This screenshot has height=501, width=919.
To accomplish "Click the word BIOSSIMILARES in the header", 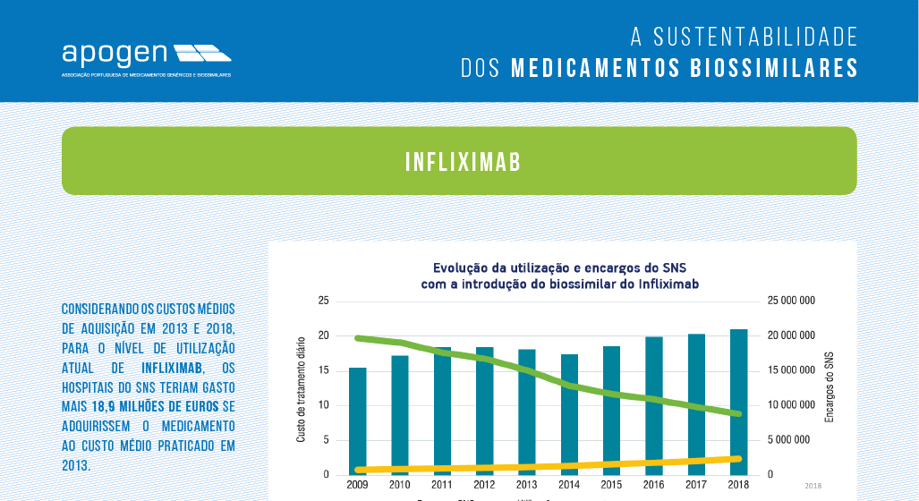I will (776, 68).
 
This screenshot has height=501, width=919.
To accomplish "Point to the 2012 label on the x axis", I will (484, 484).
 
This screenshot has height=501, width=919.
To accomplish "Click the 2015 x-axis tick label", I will (611, 484).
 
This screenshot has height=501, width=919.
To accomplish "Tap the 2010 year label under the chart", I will (400, 484).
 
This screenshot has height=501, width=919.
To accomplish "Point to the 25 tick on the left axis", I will (323, 301).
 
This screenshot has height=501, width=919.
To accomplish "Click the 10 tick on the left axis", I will (323, 405).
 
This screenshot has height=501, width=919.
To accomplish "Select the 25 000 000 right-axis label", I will (791, 301).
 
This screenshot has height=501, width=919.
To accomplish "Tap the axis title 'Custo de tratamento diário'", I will (301, 389).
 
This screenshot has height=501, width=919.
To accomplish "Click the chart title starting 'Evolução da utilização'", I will (559, 276).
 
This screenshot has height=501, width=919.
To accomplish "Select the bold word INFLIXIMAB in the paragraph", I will (172, 368).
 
